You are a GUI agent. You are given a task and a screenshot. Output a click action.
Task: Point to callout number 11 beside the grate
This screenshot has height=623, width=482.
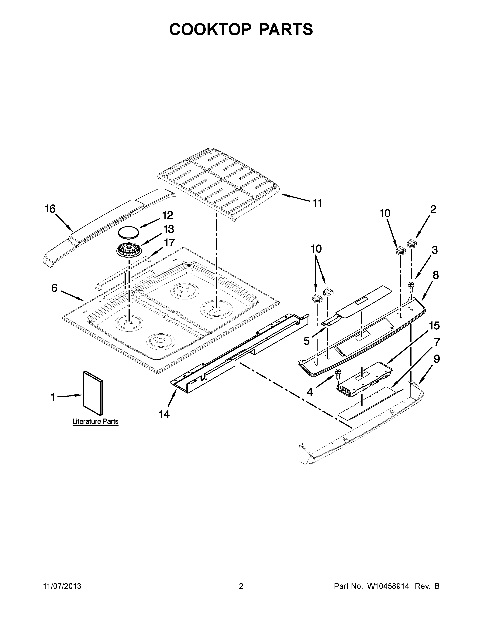click(317, 203)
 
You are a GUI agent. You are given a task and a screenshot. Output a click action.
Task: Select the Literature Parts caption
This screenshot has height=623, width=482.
click(95, 421)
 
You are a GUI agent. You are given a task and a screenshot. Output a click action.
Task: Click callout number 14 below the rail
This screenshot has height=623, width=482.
click(164, 414)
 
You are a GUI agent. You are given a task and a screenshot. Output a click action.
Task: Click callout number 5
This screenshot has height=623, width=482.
click(306, 341)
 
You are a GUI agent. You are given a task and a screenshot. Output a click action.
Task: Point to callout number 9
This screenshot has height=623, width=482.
click(437, 359)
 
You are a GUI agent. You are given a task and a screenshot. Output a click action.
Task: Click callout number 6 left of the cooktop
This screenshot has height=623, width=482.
click(54, 288)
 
